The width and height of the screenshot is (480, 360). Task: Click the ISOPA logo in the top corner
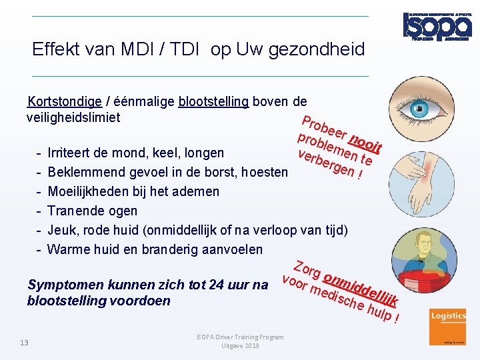tap(437, 25)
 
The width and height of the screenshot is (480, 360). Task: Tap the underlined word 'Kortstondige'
tap(65, 102)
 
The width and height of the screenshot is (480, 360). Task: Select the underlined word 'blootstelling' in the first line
tap(213, 102)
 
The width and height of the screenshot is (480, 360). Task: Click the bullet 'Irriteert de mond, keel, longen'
tap(136, 153)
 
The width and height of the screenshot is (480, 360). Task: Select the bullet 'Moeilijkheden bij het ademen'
tap(133, 191)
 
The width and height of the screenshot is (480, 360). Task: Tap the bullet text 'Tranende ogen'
tap(93, 211)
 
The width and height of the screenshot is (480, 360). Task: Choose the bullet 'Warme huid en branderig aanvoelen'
tap(155, 249)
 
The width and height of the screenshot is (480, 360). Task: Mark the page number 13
tap(24, 342)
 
